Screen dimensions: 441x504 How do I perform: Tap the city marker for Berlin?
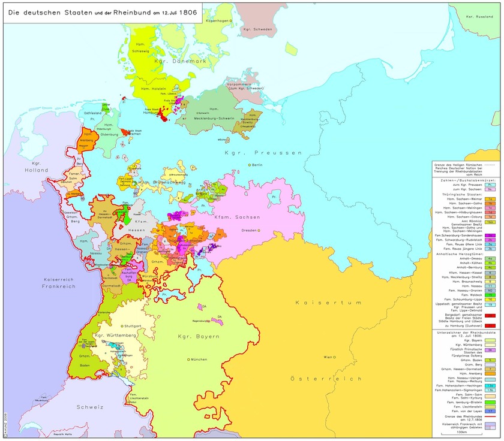[x=250, y=165]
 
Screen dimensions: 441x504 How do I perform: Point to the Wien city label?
[x=328, y=357]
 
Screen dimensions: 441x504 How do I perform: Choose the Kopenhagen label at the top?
[x=218, y=21]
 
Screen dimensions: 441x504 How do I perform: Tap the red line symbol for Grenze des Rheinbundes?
[x=490, y=416]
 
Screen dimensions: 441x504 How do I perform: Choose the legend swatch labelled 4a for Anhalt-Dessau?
[x=490, y=258]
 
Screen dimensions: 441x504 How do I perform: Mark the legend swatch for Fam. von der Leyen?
[x=490, y=411]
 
